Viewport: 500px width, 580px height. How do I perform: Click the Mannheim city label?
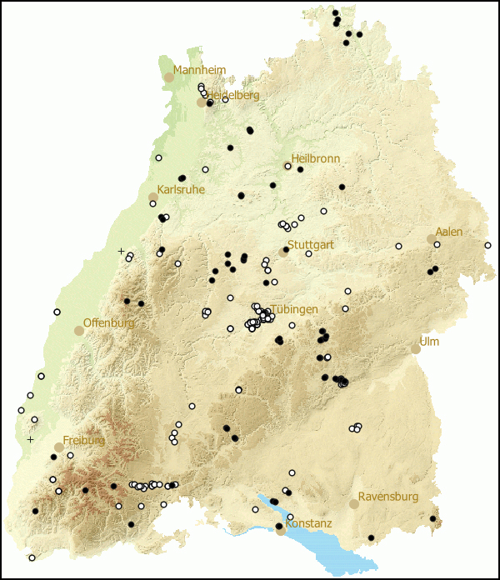pyautogui.click(x=199, y=70)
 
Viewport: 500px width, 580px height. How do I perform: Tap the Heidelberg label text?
pyautogui.click(x=234, y=95)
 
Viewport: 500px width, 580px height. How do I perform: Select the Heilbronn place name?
pyautogui.click(x=315, y=158)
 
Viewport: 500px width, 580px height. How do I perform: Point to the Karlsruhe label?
pyautogui.click(x=181, y=190)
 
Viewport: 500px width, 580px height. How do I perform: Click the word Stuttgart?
pyautogui.click(x=311, y=245)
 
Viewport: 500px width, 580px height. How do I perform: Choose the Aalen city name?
pyautogui.click(x=449, y=232)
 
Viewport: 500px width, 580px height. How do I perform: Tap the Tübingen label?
pyautogui.click(x=294, y=309)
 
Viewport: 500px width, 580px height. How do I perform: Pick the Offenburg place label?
pyautogui.click(x=109, y=322)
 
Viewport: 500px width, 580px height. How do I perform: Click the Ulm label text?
pyautogui.click(x=429, y=342)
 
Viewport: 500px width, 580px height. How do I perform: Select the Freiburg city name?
pyautogui.click(x=84, y=440)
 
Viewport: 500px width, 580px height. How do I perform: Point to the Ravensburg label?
pyautogui.click(x=387, y=497)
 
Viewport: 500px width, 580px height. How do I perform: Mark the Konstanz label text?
pyautogui.click(x=309, y=523)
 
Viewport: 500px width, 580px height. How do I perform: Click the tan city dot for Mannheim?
pyautogui.click(x=169, y=77)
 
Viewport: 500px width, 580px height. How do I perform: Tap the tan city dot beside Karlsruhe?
pyautogui.click(x=152, y=197)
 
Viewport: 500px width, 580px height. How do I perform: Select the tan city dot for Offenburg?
pyautogui.click(x=79, y=330)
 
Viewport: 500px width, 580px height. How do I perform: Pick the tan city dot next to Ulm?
pyautogui.click(x=416, y=348)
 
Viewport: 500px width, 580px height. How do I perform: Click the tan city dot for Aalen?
pyautogui.click(x=432, y=238)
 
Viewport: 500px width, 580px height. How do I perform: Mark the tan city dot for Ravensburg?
pyautogui.click(x=354, y=503)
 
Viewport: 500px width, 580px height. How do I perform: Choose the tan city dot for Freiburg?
pyautogui.click(x=59, y=447)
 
